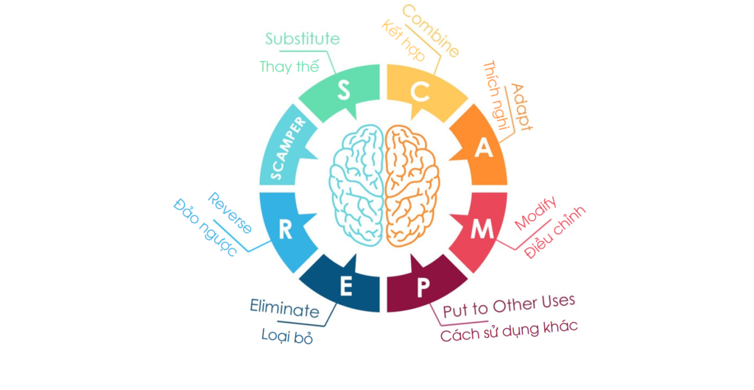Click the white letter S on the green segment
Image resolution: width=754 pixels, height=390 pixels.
point(343,90)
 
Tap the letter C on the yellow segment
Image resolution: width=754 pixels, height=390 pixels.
point(420,91)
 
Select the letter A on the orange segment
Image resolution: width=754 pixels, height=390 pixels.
point(484,147)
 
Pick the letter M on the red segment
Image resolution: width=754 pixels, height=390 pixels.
point(482,230)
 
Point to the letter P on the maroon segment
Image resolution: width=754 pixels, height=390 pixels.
point(423,288)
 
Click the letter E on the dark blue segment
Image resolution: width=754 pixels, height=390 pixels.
point(346,287)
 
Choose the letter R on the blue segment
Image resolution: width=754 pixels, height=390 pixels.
point(286,230)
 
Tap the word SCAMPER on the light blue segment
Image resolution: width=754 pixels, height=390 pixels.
point(288,148)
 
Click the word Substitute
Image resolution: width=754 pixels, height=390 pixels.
point(303,38)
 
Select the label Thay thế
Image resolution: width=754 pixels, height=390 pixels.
point(289,66)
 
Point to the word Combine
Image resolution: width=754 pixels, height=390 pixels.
point(431,30)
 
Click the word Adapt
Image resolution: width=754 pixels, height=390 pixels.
point(521,108)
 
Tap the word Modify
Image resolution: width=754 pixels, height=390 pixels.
point(536,213)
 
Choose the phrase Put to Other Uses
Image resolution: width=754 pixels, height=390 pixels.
point(509,306)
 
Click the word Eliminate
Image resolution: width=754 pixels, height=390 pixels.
point(285,308)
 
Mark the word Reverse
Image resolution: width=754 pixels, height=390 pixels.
point(230,213)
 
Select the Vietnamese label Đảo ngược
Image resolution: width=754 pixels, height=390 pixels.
point(205,228)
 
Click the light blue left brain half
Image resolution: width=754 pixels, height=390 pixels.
point(356,185)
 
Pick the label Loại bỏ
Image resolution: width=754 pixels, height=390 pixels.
point(287,336)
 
